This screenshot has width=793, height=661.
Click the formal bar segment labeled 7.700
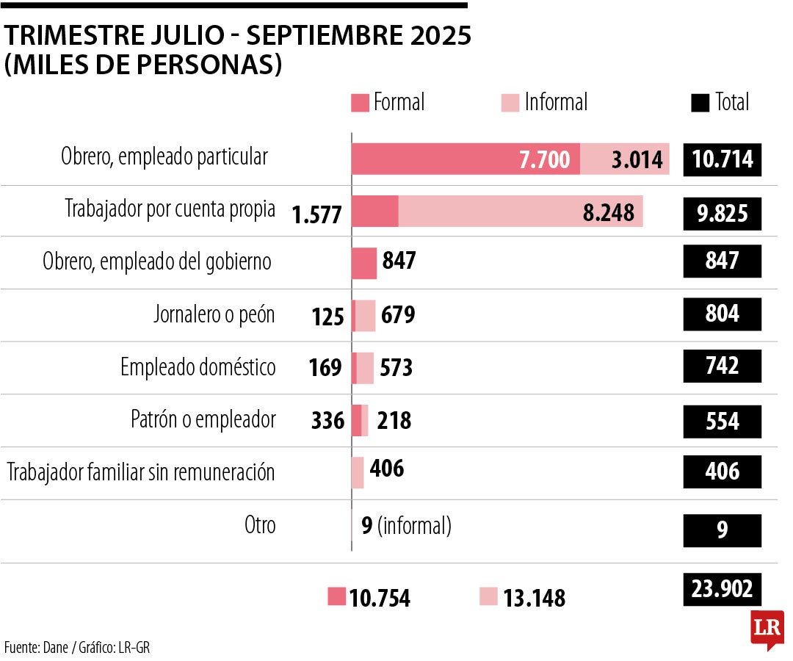pyautogui.click(x=466, y=159)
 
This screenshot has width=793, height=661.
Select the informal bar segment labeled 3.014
pyautogui.click(x=624, y=159)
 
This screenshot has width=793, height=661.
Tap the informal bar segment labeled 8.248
pyautogui.click(x=521, y=212)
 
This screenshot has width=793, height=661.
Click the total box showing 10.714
pyautogui.click(x=723, y=159)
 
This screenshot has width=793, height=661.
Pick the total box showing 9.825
pyautogui.click(x=723, y=213)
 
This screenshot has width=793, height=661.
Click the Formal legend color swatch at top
pyautogui.click(x=360, y=103)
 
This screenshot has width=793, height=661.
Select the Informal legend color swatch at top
pyautogui.click(x=510, y=103)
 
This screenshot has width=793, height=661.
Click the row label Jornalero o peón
pyautogui.click(x=214, y=314)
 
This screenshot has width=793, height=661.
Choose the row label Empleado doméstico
pyautogui.click(x=198, y=367)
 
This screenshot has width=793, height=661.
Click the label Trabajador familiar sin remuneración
pyautogui.click(x=141, y=472)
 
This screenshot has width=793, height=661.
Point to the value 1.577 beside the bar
pyautogui.click(x=316, y=214)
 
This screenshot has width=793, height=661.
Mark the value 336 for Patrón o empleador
pyautogui.click(x=327, y=421)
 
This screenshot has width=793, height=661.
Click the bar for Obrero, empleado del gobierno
pyautogui.click(x=364, y=263)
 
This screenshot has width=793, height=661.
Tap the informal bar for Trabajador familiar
pyautogui.click(x=358, y=472)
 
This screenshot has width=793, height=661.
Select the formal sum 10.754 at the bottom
pyautogui.click(x=379, y=598)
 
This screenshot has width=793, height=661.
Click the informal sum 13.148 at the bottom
pyautogui.click(x=534, y=598)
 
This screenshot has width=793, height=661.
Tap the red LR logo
pyautogui.click(x=767, y=629)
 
